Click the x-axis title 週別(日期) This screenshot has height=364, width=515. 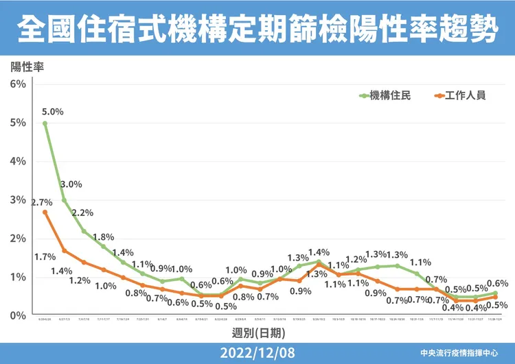tap(257, 332)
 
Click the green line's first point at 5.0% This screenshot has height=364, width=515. tap(45, 123)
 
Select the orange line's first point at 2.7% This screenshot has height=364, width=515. tap(45, 212)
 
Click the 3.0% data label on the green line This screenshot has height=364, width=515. tap(71, 184)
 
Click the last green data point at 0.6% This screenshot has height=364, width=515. tap(496, 293)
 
